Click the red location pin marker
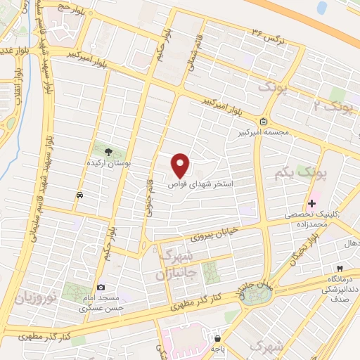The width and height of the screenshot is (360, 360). (181, 165)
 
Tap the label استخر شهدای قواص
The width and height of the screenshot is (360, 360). (200, 184)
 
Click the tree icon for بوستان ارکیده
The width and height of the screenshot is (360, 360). (108, 151)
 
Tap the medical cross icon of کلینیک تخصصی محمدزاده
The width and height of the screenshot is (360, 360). (312, 203)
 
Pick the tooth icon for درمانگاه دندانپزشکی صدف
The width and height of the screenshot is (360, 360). (339, 269)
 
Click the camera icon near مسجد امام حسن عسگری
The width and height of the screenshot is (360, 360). (101, 288)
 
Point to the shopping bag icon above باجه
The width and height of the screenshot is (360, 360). (217, 338)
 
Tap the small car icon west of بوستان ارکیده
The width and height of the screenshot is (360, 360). (80, 195)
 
